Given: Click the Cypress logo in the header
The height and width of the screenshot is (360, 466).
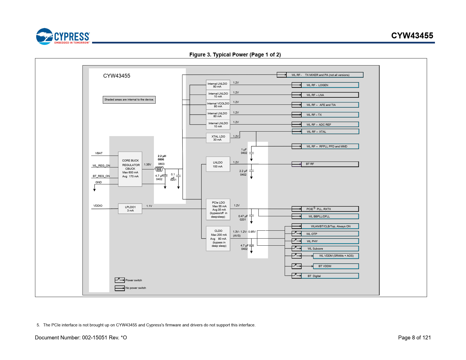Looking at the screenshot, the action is (x=63, y=36).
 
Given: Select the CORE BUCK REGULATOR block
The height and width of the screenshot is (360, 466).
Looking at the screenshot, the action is (x=130, y=169).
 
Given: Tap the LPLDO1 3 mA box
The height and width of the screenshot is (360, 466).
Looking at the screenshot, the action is (x=130, y=209).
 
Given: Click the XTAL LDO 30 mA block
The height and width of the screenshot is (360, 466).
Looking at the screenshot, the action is (x=218, y=138).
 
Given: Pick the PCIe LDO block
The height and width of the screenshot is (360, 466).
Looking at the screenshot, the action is (x=218, y=209).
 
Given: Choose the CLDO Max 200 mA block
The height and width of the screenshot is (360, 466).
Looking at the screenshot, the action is (x=218, y=238).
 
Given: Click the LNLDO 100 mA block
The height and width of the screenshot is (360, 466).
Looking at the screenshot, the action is (x=218, y=164).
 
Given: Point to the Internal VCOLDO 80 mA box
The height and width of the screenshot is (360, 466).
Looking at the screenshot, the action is (x=218, y=105).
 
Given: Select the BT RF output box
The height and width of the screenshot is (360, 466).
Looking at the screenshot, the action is (x=330, y=164).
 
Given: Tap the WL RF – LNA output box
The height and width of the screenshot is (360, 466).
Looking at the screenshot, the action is (x=330, y=95).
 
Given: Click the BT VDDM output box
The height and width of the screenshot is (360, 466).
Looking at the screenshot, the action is (x=336, y=266).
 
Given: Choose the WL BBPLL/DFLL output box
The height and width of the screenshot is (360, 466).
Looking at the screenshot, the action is (x=330, y=216).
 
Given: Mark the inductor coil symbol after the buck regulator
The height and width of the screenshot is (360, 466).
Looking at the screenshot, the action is (x=159, y=169).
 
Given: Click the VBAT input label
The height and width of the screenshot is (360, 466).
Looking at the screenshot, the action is (x=99, y=153).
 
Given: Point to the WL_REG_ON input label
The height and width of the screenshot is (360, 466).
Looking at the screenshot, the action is (x=101, y=165).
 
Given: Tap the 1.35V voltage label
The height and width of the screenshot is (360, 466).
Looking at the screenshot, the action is (x=147, y=164).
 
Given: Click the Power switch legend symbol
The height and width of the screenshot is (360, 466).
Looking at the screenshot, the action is (x=120, y=280).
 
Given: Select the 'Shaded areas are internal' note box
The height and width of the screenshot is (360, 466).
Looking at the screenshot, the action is (x=129, y=100).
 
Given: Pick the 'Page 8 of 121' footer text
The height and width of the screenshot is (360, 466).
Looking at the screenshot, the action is (x=414, y=337).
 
